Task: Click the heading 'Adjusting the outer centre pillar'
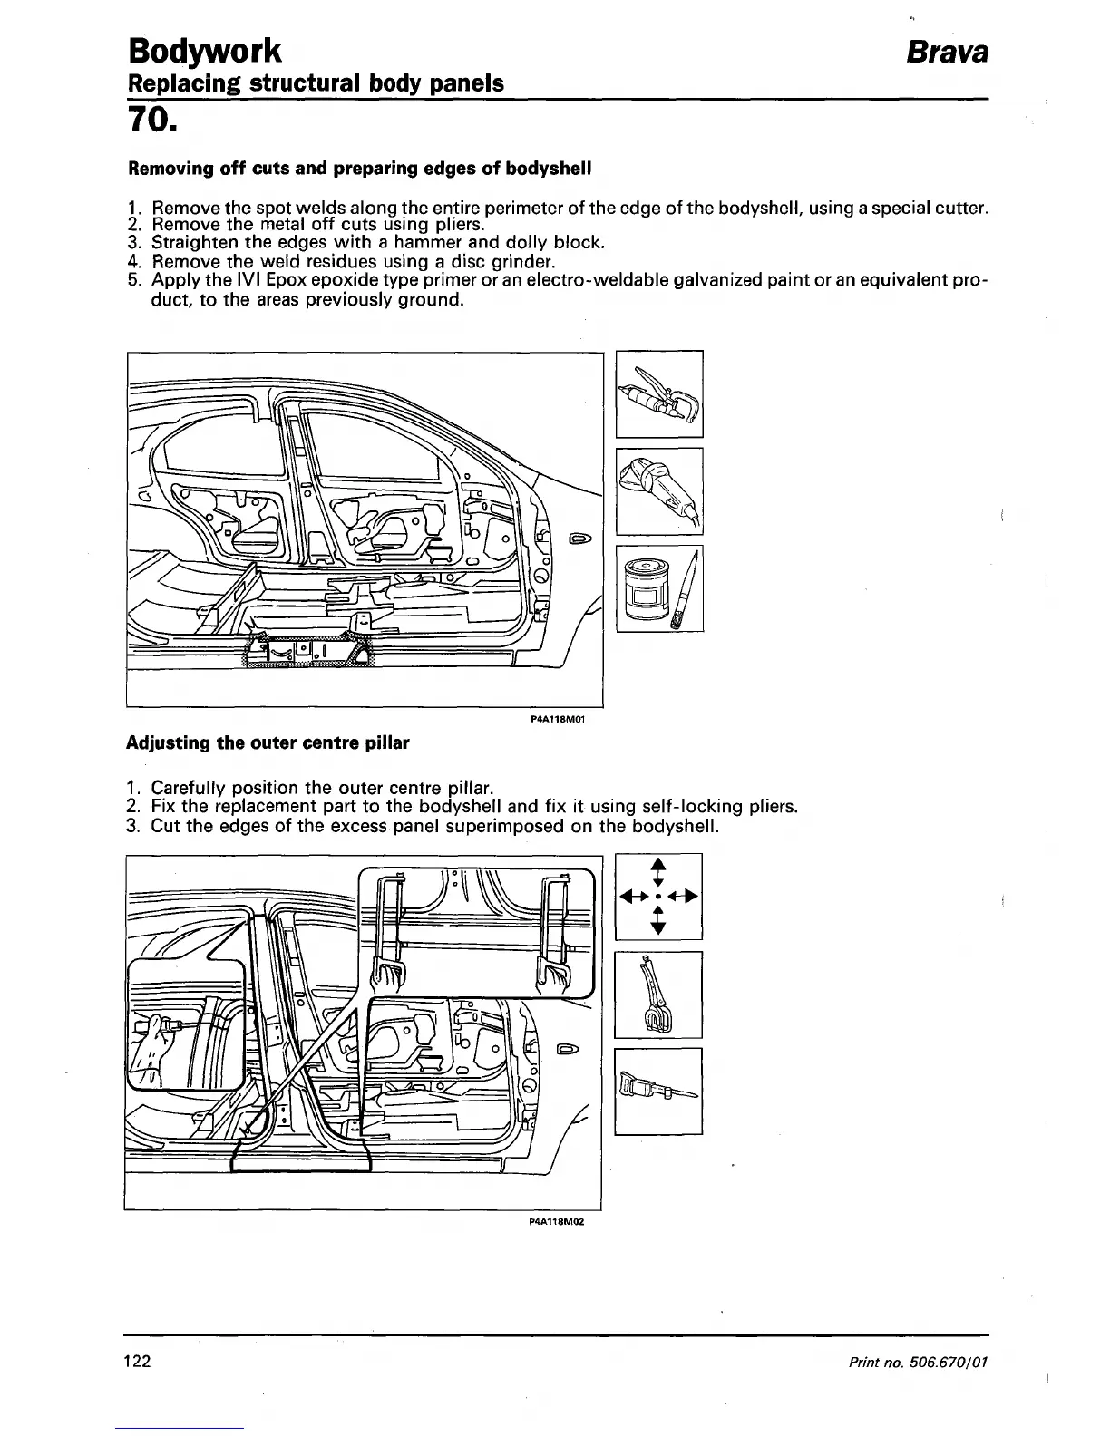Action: point(267,743)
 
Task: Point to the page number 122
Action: point(136,1362)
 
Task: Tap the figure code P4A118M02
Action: point(554,1220)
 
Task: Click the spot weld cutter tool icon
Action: point(659,393)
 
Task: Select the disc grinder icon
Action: point(659,490)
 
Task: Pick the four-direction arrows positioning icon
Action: point(658,897)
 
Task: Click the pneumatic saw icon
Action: point(658,1091)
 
